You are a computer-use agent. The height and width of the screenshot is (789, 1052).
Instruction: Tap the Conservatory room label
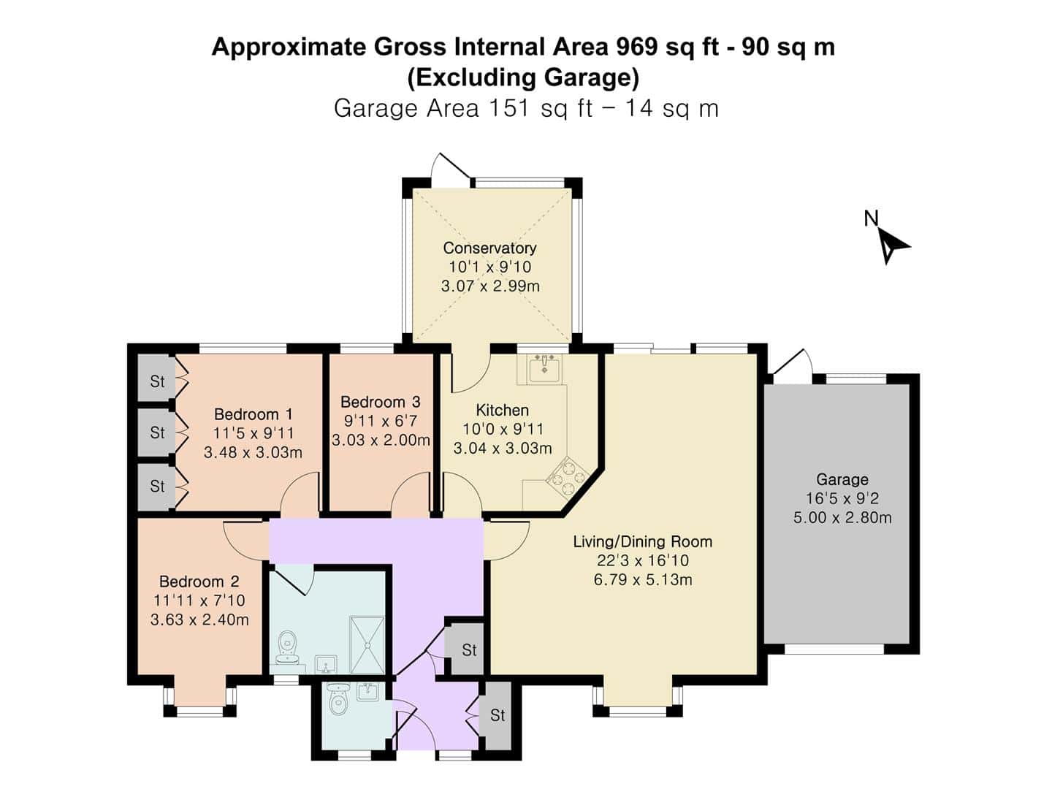tap(489, 248)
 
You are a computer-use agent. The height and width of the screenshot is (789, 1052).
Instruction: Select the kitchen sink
tap(544, 370)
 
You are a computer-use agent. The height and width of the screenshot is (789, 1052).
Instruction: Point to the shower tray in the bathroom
tap(367, 645)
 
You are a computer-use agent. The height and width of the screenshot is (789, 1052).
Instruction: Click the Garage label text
tap(842, 479)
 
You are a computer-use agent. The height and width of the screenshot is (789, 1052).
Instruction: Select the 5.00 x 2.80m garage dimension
tap(842, 518)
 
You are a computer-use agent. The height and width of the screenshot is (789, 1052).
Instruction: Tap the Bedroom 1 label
tap(253, 414)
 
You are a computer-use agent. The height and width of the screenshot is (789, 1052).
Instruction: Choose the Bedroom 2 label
tap(199, 582)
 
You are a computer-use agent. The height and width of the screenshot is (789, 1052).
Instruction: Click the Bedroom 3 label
tap(381, 402)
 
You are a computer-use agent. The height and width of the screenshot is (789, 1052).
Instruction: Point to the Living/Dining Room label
tap(643, 542)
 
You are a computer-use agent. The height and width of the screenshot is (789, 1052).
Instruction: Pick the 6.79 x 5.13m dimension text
tap(643, 579)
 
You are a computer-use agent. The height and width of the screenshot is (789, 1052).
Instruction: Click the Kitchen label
tap(503, 410)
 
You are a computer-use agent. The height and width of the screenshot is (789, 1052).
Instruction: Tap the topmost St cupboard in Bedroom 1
tap(157, 382)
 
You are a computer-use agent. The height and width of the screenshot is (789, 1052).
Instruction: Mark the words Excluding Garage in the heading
tap(523, 77)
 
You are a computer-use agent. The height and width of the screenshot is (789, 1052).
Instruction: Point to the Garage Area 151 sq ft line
tap(526, 108)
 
